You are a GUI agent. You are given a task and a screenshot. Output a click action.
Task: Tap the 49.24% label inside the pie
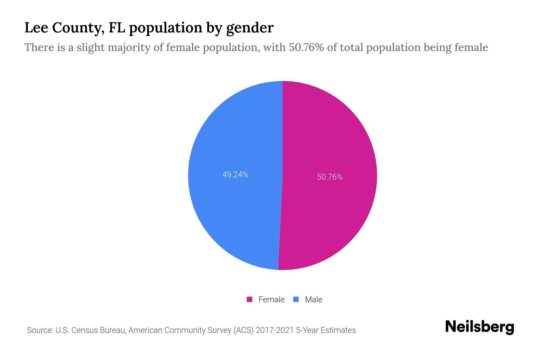[x=235, y=175]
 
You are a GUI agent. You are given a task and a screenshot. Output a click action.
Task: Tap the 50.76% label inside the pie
[x=330, y=177]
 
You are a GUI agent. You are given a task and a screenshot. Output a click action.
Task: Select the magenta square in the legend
[x=249, y=299]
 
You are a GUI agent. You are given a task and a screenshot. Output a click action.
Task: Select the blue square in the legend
[x=296, y=299]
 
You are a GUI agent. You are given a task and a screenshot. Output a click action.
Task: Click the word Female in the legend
[x=271, y=299]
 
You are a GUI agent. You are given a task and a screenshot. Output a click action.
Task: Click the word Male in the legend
[x=313, y=299]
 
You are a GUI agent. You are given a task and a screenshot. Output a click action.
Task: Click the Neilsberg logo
[x=479, y=327]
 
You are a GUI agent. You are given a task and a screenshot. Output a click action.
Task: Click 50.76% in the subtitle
[x=306, y=47]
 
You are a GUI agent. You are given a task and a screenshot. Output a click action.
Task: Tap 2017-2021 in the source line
[x=274, y=330]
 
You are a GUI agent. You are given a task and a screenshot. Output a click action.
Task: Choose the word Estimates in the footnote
[x=338, y=330]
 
